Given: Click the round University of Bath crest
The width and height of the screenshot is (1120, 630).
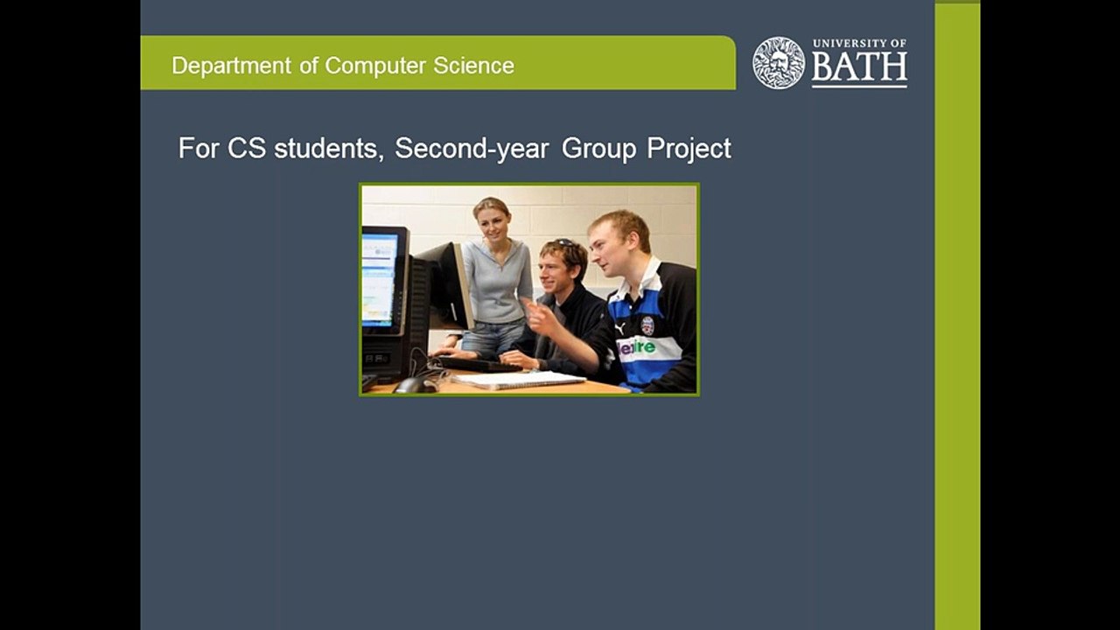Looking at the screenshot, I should (x=779, y=63).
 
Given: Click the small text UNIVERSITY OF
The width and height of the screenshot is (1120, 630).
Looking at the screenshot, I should (x=859, y=43).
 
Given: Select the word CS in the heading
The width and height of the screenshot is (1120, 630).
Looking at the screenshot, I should (x=248, y=149).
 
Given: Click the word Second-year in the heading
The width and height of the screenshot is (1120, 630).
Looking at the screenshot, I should (x=472, y=149).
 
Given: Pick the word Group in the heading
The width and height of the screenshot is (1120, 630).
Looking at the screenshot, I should (x=598, y=149).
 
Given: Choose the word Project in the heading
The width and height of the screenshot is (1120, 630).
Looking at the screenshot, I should (x=689, y=149).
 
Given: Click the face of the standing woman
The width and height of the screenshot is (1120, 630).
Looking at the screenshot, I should (x=493, y=222).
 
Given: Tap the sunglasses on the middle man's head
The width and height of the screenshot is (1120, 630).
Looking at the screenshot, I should (x=565, y=243).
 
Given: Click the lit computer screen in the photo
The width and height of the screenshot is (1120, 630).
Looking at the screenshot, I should (x=380, y=278).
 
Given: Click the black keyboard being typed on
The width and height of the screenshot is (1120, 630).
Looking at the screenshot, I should (x=478, y=362).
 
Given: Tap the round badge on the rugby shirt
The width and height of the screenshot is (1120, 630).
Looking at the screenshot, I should (x=647, y=325).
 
